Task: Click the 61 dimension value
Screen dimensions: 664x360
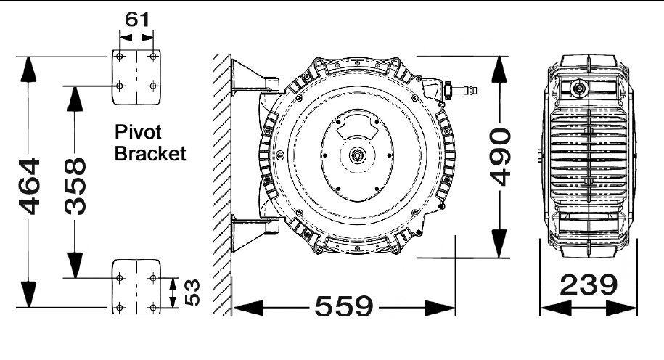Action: coord(137,20)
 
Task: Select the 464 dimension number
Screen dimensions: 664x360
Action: coord(29,186)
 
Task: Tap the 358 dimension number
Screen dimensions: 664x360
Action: coord(75,186)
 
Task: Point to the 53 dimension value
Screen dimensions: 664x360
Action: coord(192,292)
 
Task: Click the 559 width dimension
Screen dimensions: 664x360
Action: coord(344,306)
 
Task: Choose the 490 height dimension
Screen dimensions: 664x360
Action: coord(500,157)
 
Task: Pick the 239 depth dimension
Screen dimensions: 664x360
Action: coord(589,285)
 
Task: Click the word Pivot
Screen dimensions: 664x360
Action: coord(138,133)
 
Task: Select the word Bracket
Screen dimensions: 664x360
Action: coord(150,153)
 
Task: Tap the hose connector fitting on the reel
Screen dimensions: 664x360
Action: coord(460,89)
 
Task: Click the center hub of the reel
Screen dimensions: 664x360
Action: coord(357,155)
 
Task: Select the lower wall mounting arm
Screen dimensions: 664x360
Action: coord(255,234)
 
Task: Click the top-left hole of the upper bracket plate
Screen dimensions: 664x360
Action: coord(120,57)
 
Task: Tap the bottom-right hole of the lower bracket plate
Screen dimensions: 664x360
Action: coord(153,307)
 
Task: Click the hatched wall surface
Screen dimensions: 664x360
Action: coord(222,184)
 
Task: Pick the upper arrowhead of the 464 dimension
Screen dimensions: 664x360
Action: coord(28,69)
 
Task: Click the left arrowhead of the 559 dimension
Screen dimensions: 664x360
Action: coord(248,308)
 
